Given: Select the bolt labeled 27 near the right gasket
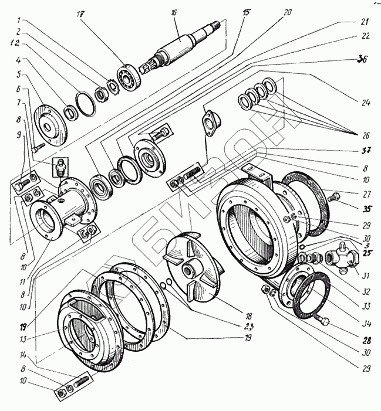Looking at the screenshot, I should coord(333,196).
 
